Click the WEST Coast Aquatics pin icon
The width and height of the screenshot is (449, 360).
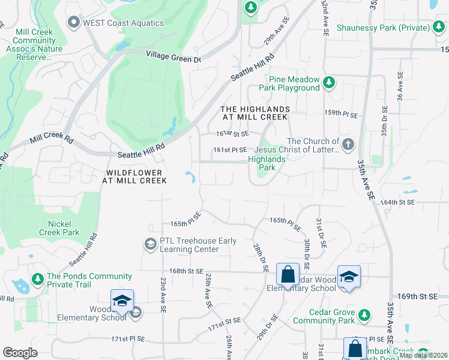(x=74, y=23)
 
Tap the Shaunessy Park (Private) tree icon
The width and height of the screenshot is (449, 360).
(x=438, y=28)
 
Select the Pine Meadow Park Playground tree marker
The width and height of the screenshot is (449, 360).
(x=328, y=83)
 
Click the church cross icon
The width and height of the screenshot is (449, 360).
(x=349, y=144)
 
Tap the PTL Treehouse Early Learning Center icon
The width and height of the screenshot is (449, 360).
(x=150, y=244)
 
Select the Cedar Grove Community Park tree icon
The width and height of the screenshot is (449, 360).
(x=364, y=315)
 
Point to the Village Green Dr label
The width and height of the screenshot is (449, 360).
(x=173, y=56)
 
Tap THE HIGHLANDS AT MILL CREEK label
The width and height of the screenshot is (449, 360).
(x=255, y=113)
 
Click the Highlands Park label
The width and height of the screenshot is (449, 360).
(x=267, y=163)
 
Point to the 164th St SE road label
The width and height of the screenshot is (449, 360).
(x=399, y=202)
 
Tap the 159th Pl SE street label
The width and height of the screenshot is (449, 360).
(x=342, y=115)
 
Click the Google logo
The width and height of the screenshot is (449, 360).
(x=20, y=353)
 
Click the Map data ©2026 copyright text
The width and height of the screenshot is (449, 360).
(x=423, y=355)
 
